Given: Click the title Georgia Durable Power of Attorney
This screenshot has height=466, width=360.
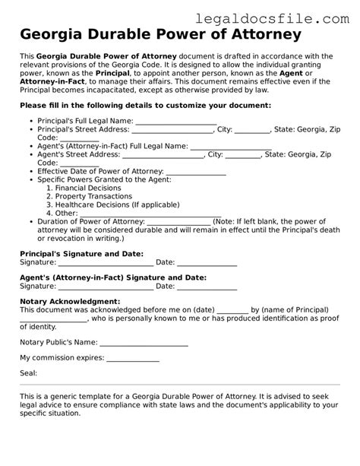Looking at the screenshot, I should coord(160,35).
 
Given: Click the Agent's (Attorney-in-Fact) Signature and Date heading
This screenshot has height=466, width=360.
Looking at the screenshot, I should coord(112,278).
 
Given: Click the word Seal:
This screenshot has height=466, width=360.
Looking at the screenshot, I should coord(29,373).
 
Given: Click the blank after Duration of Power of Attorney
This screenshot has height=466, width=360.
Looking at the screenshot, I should coord(175,222).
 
